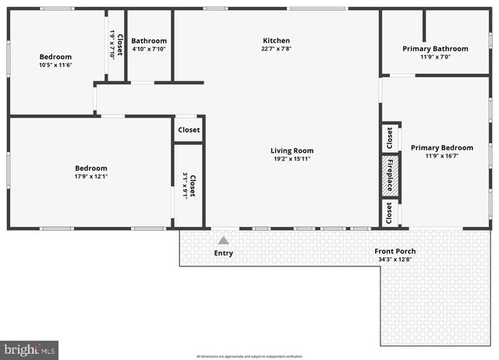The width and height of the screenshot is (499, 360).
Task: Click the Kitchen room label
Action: [x=276, y=41]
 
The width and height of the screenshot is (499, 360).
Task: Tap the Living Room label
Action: [x=292, y=150]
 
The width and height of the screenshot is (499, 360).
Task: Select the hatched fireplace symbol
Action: [x=390, y=175]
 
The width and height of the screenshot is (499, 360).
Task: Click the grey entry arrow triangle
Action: [x=223, y=241]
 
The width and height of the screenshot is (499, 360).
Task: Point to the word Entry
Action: [x=223, y=253]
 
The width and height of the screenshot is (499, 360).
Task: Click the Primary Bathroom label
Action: [x=436, y=48]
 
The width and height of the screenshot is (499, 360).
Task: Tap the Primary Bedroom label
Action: [x=441, y=147]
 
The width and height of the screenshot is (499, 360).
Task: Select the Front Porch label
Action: [x=395, y=251]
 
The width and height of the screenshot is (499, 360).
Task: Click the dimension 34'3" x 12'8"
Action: [x=395, y=259]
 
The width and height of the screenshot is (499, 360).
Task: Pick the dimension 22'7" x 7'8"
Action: [x=276, y=49]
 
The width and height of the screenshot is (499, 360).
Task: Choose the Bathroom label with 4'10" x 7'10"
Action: [x=149, y=41]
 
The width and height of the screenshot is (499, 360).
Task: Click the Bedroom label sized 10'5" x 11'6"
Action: [x=55, y=56]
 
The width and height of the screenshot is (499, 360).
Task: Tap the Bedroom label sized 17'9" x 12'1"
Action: [x=90, y=168]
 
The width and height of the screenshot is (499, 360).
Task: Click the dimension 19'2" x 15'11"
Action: [x=292, y=159]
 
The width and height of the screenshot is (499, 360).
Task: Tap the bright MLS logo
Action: [x=30, y=350]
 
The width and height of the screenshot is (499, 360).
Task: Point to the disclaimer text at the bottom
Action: [x=249, y=356]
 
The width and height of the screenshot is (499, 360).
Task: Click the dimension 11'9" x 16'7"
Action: [x=441, y=156]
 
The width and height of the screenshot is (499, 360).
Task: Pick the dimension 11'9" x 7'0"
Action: [x=436, y=57]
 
